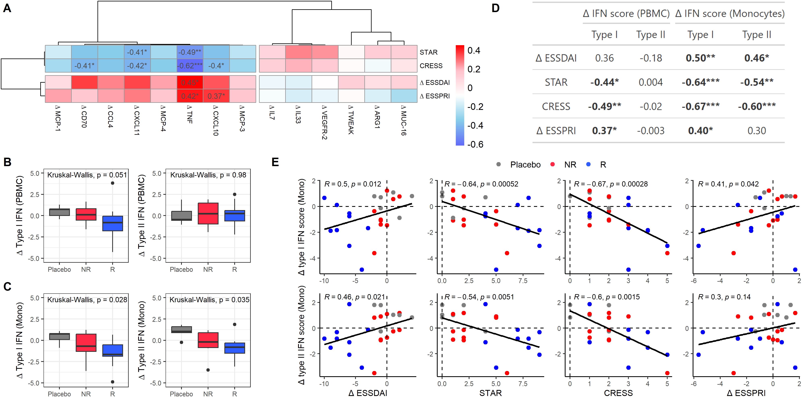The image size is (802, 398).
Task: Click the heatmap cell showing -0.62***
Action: (x=190, y=66)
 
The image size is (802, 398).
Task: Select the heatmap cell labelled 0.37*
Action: (x=216, y=96)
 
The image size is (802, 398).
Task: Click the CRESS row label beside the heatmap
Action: (x=431, y=66)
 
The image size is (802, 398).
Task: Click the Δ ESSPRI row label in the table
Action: (x=556, y=131)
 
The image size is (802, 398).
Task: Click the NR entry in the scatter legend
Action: (x=570, y=165)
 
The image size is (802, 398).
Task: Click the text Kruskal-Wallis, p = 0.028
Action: (x=87, y=300)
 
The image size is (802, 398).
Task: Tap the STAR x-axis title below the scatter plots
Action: (x=490, y=393)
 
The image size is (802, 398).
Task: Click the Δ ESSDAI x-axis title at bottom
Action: (x=368, y=393)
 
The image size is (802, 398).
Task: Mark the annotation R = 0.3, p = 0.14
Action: (x=724, y=297)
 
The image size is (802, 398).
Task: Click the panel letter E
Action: (x=275, y=162)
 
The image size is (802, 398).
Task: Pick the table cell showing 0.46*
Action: (x=756, y=58)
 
